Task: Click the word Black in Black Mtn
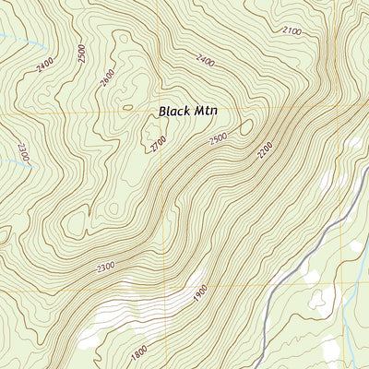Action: [x=174, y=111]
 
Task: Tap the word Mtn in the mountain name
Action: [x=209, y=111]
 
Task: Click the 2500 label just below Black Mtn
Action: [x=218, y=137]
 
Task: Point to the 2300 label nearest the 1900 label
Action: [x=104, y=267]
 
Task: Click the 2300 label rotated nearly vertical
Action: [x=23, y=152]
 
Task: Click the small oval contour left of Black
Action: [x=127, y=107]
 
